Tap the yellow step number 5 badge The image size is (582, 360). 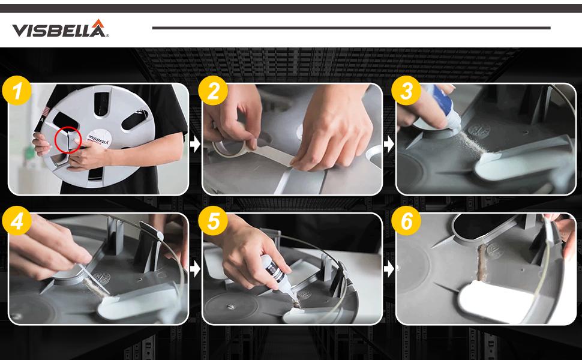(x=212, y=222)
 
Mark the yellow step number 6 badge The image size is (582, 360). (x=407, y=222)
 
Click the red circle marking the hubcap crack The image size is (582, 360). (x=68, y=140)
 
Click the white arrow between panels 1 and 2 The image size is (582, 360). (x=194, y=144)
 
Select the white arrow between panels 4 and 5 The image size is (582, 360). (x=194, y=269)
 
